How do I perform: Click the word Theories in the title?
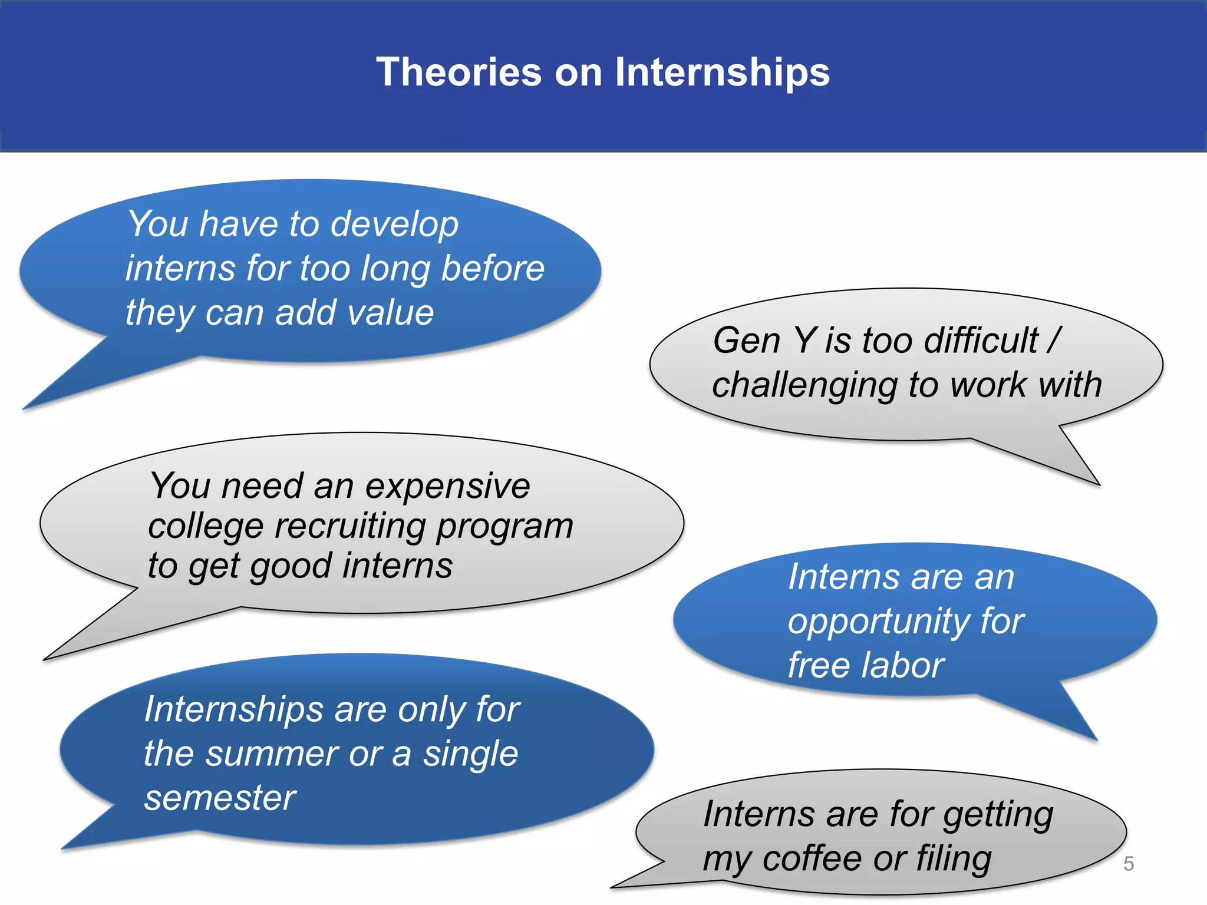coord(459,72)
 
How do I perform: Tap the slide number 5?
coord(1128,864)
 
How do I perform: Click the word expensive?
coord(447,487)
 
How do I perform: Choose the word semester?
coord(220,798)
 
